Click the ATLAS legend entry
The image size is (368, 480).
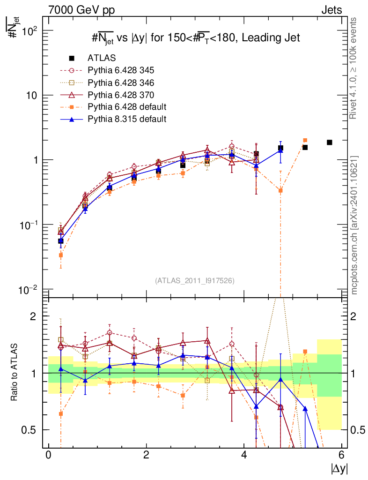(101, 58)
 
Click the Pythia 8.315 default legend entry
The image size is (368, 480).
(127, 119)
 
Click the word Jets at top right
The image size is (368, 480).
(331, 9)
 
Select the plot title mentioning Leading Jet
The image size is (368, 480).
(195, 38)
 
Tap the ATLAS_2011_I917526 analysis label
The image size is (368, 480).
(195, 280)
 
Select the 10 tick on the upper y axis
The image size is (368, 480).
(30, 95)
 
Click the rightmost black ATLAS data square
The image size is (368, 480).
(330, 142)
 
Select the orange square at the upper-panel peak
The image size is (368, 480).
(305, 140)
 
